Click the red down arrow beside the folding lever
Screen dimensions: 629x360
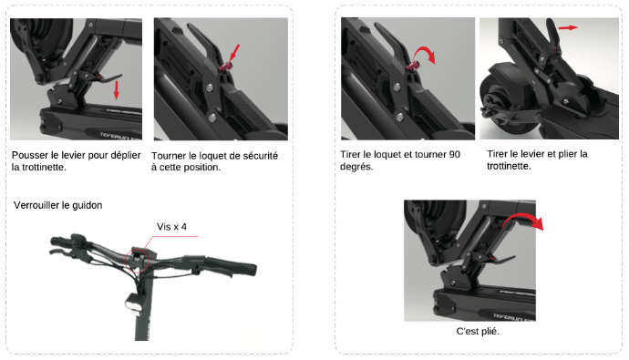pyautogui.click(x=117, y=90)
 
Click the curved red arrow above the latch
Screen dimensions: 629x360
pyautogui.click(x=426, y=54)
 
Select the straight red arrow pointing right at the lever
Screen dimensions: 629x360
pyautogui.click(x=568, y=27)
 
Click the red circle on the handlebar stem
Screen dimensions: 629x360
pyautogui.click(x=137, y=261)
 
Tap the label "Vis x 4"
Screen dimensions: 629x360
pyautogui.click(x=171, y=227)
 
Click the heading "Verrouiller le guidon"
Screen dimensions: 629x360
pyautogui.click(x=57, y=205)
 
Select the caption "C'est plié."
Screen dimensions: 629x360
pyautogui.click(x=478, y=332)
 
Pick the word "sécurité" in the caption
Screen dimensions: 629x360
pyautogui.click(x=261, y=156)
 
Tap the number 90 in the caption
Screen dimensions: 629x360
pyautogui.click(x=455, y=154)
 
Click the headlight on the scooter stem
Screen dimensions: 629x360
pyautogui.click(x=134, y=303)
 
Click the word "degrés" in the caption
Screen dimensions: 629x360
pyautogui.click(x=356, y=167)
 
